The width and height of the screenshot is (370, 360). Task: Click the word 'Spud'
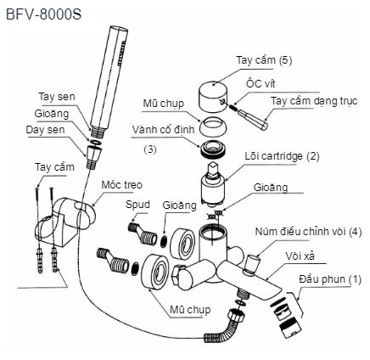138,205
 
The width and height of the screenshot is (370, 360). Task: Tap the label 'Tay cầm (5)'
263,60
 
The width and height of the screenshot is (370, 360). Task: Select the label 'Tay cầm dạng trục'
314,101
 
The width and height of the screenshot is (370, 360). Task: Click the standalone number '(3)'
150,149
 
